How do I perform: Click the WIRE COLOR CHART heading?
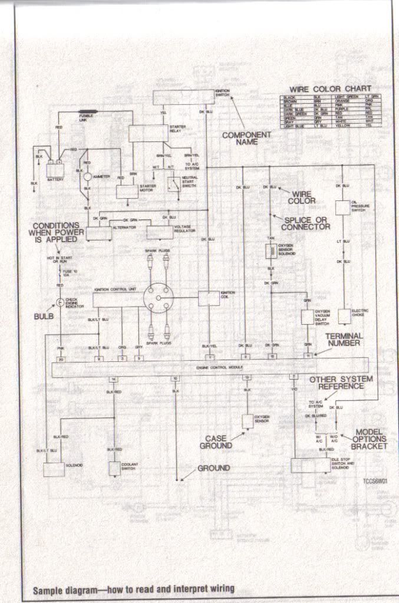330,89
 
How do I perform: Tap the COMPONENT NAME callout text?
247,139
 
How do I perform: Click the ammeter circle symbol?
87,176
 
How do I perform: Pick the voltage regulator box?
160,232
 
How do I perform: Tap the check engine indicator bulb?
60,303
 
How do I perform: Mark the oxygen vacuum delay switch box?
307,317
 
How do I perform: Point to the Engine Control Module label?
211,367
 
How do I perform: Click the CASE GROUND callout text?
219,442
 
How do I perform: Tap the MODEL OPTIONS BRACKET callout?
370,439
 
